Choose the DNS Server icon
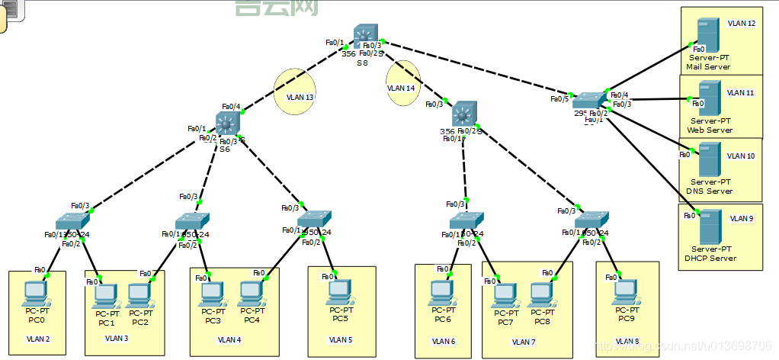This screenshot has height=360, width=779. tap(707, 162)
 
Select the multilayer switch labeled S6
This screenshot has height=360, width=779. tap(227, 124)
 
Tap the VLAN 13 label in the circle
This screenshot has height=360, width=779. tap(300, 98)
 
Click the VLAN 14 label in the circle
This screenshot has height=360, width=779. tap(401, 88)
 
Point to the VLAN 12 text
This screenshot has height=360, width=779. tap(741, 24)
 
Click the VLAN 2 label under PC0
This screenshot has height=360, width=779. tap(37, 338)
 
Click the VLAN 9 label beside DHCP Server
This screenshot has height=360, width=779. tap(741, 219)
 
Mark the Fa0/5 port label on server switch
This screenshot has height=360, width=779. tap(559, 98)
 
